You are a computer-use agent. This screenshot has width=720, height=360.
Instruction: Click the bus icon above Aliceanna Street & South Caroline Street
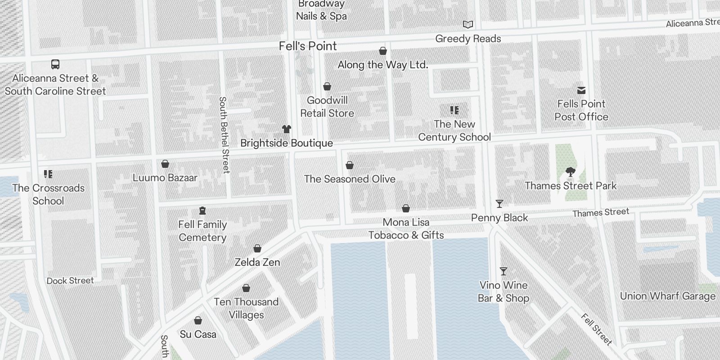55,64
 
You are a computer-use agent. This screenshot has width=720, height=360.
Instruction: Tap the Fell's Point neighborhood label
308,46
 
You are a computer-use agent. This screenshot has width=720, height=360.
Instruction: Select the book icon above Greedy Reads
468,24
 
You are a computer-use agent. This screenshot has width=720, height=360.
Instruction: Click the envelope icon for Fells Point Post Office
581,90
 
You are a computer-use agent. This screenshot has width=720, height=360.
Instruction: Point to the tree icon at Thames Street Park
570,172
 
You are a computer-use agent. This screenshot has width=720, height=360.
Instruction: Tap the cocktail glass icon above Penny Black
499,204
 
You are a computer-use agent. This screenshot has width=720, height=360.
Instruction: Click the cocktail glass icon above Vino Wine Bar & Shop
504,271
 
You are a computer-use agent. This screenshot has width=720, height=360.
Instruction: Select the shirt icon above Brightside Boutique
286,129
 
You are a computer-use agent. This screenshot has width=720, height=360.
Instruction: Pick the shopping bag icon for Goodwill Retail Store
327,86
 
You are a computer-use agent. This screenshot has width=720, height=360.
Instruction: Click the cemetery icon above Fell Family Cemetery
202,211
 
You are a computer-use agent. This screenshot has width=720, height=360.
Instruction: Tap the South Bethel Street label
224,135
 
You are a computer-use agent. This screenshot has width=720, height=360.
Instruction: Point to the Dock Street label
70,281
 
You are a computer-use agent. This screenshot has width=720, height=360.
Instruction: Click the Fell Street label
596,329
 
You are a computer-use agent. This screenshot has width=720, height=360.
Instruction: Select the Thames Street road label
601,212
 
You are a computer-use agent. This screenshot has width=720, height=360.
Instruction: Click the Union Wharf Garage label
667,296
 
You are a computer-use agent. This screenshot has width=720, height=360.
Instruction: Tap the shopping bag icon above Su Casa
198,320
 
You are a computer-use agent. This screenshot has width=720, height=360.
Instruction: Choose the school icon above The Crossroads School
48,174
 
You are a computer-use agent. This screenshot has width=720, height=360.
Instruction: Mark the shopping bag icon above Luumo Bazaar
165,164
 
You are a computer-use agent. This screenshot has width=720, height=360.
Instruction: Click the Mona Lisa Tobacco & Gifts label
406,229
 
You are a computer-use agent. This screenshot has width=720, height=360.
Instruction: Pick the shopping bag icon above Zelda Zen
257,248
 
